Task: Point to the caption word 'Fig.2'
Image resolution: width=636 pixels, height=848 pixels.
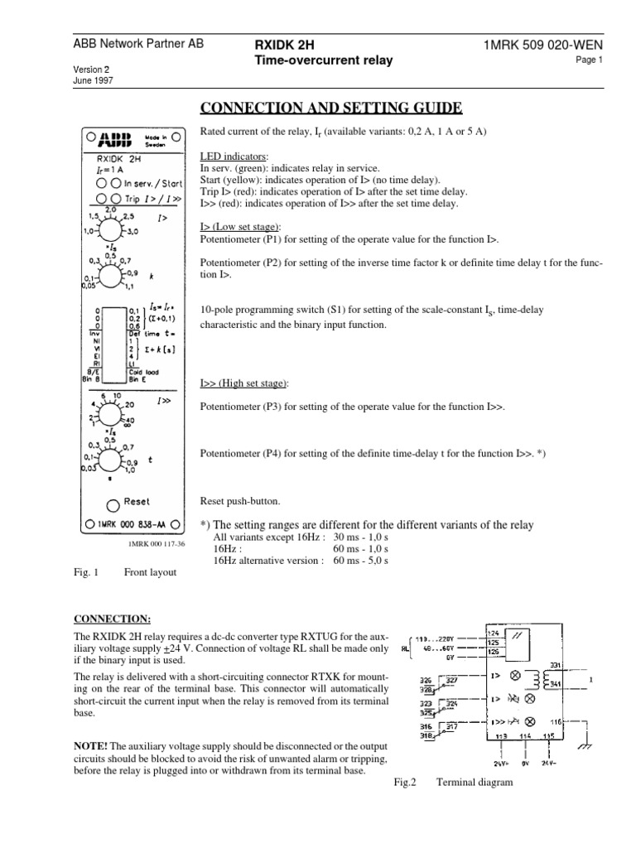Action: [406, 779]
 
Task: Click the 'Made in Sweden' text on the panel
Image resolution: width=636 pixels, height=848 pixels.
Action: [157, 139]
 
